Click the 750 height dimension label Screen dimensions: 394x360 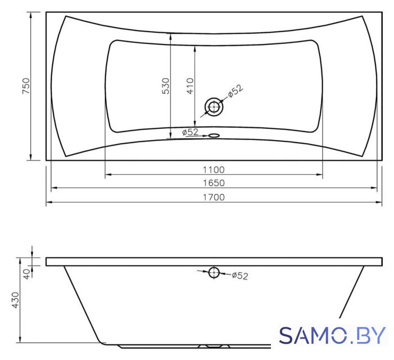click(x=26, y=86)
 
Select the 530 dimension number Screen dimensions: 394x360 click(x=166, y=86)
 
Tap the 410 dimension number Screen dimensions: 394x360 click(x=190, y=86)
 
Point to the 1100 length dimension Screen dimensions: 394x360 click(x=214, y=170)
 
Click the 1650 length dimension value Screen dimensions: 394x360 click(x=214, y=183)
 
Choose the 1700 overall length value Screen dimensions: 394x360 click(x=214, y=197)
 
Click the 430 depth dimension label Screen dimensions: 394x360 click(x=15, y=300)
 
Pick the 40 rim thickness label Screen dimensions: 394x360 click(x=26, y=273)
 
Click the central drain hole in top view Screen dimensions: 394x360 click(x=214, y=107)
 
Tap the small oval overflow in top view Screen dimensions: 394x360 click(x=214, y=136)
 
